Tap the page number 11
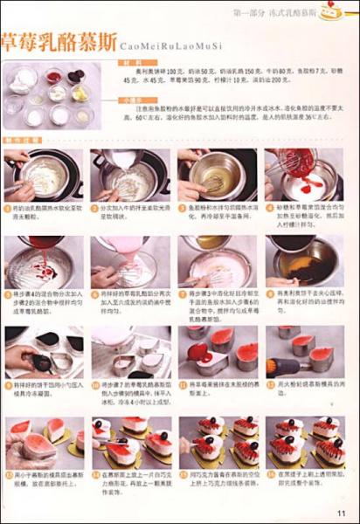(343, 512)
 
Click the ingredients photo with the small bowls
(49, 95)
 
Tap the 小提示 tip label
(134, 100)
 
